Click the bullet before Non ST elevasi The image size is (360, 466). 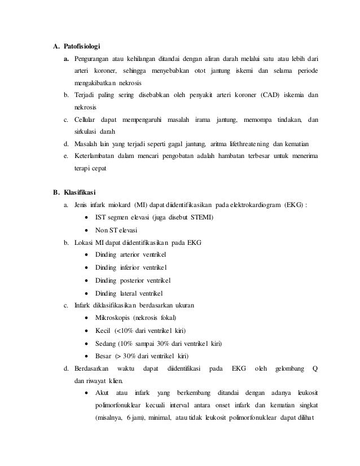click(x=85, y=230)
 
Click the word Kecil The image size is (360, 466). click(x=103, y=331)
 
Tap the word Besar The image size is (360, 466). click(x=104, y=355)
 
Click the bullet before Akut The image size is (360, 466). click(x=85, y=393)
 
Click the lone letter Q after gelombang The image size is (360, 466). click(x=315, y=368)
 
